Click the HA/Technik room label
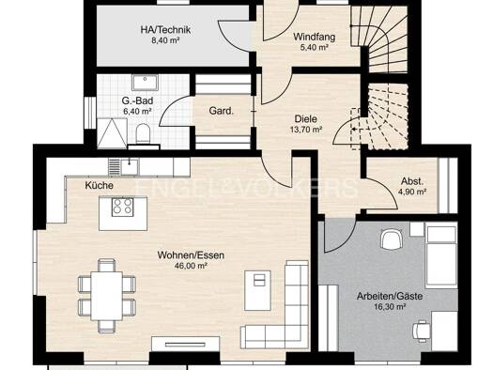[x=165, y=30]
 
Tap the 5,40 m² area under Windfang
[x=315, y=48]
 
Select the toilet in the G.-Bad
[x=144, y=133]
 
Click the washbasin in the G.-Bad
[x=145, y=83]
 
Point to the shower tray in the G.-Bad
[x=112, y=133]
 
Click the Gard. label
[x=222, y=111]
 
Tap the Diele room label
[x=305, y=119]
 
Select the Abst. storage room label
[x=412, y=181]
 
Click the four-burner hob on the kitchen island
[x=123, y=207]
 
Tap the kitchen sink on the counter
[x=130, y=165]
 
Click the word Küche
[x=99, y=186]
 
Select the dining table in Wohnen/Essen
[x=107, y=296]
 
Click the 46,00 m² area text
[x=191, y=266]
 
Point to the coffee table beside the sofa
[x=258, y=290]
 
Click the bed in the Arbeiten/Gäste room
[x=440, y=256]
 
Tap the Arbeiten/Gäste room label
[x=390, y=296]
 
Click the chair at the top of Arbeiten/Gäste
[x=392, y=239]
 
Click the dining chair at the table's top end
[x=107, y=265]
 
